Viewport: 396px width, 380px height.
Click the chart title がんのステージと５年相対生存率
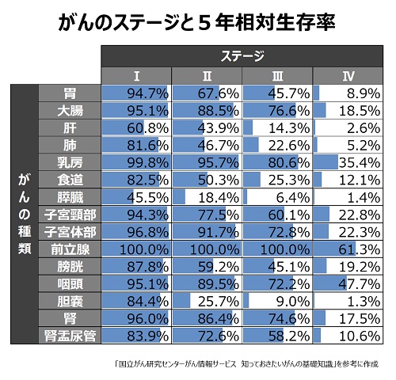click(x=196, y=22)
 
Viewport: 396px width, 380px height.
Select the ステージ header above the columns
click(x=242, y=56)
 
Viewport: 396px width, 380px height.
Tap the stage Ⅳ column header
click(x=348, y=76)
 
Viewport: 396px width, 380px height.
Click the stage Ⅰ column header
click(x=136, y=76)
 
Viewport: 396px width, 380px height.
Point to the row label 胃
click(x=70, y=93)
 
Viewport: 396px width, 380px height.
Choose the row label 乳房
click(x=70, y=162)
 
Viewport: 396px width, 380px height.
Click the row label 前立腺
click(x=70, y=249)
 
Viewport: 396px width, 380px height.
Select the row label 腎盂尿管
click(x=70, y=336)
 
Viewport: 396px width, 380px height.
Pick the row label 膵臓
click(x=70, y=197)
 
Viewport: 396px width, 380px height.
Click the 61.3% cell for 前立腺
click(x=348, y=249)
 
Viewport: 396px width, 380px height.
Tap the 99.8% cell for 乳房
click(x=136, y=162)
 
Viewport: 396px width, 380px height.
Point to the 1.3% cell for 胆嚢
click(x=348, y=302)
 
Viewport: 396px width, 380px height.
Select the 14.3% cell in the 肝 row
click(x=277, y=128)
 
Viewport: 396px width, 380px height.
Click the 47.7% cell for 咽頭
click(x=348, y=284)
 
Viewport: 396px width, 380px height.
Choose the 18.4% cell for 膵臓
click(x=207, y=197)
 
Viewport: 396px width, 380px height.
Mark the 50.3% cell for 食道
click(x=207, y=180)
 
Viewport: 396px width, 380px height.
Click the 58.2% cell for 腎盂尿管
click(x=277, y=336)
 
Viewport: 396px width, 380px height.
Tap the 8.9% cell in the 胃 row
click(x=348, y=93)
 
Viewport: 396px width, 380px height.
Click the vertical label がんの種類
click(x=25, y=215)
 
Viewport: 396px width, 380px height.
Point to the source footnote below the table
click(x=247, y=364)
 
